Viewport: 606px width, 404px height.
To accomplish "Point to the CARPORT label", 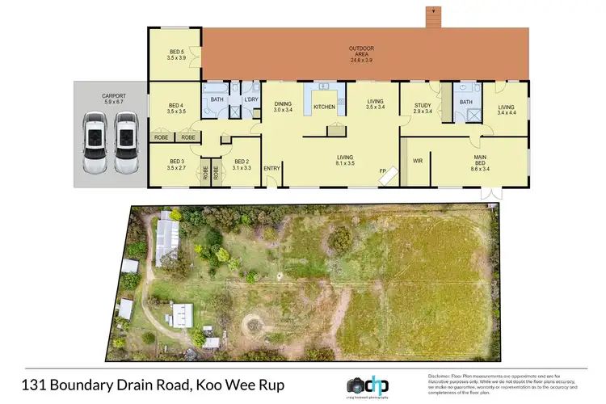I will [x=113, y=97].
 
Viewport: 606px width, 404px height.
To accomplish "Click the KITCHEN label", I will [x=324, y=107].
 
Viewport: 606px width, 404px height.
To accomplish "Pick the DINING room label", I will [x=283, y=104].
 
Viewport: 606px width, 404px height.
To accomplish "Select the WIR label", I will [x=419, y=161].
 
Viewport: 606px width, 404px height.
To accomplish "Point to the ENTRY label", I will [x=271, y=168].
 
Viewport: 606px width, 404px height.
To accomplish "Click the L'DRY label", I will [x=250, y=99].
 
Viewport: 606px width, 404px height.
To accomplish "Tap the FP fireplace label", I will [x=383, y=170].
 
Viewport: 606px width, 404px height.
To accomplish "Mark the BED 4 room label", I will [x=177, y=107].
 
